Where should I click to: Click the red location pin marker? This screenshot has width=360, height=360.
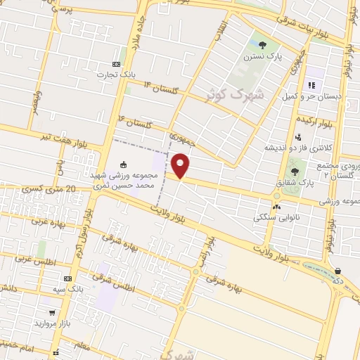(181, 166)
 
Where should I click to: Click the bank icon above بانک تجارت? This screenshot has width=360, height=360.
(116, 65)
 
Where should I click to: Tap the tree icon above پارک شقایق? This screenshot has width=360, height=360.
(295, 171)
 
